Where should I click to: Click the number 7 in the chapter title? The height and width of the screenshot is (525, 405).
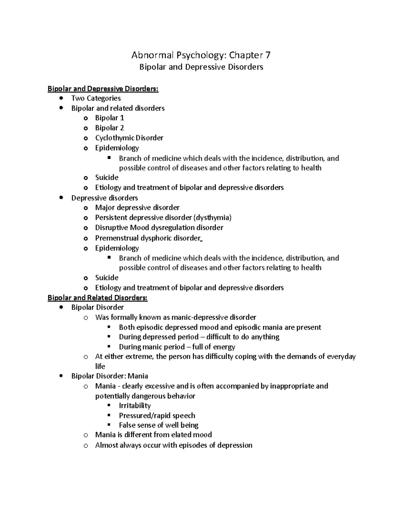(268, 55)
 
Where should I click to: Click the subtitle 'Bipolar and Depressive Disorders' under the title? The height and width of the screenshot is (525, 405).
(201, 67)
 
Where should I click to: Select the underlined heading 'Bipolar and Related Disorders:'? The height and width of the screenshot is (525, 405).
(98, 298)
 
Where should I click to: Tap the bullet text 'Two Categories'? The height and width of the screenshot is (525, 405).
(96, 98)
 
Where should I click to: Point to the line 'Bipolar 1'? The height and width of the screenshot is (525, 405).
(109, 118)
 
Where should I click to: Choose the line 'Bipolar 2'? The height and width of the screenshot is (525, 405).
(109, 128)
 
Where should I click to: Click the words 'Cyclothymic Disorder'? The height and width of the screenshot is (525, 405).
(129, 138)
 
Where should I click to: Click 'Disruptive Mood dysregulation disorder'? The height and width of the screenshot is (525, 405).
(159, 228)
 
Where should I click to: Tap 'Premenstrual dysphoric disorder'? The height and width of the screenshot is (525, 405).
(148, 238)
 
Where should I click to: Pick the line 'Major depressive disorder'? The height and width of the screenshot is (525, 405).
(137, 208)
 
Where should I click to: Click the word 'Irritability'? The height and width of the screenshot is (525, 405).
(135, 406)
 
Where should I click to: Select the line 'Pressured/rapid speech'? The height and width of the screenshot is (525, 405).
(157, 415)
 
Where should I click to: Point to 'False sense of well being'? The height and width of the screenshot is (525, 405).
(159, 425)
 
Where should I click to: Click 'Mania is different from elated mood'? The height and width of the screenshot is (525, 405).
(153, 435)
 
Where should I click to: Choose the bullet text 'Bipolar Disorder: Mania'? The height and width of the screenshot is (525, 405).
(109, 376)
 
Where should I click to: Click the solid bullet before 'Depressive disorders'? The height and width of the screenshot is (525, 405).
(61, 198)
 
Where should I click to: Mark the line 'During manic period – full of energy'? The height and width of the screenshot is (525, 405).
(177, 347)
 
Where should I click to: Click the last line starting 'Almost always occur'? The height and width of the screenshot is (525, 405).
(173, 445)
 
